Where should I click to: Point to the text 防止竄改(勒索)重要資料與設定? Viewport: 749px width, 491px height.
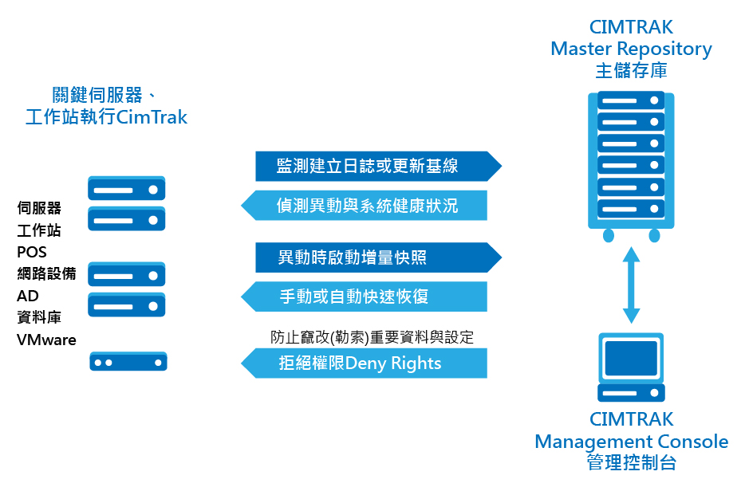point(372,337)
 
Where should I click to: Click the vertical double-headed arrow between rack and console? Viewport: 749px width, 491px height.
point(632,285)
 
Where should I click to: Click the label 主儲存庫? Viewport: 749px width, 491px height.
point(631,70)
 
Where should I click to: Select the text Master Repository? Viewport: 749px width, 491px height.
point(631,49)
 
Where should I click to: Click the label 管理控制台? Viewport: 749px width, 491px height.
point(631,462)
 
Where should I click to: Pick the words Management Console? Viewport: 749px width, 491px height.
point(631,441)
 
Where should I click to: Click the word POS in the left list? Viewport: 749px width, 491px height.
point(32,253)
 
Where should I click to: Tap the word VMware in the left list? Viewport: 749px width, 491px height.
point(46,340)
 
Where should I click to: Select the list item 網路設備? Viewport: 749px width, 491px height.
point(46,274)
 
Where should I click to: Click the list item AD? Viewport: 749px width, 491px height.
point(27,296)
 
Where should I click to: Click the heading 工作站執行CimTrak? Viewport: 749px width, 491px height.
point(106,118)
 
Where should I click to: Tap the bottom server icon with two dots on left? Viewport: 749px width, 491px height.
point(128,362)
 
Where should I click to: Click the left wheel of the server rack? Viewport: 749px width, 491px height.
point(609,235)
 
